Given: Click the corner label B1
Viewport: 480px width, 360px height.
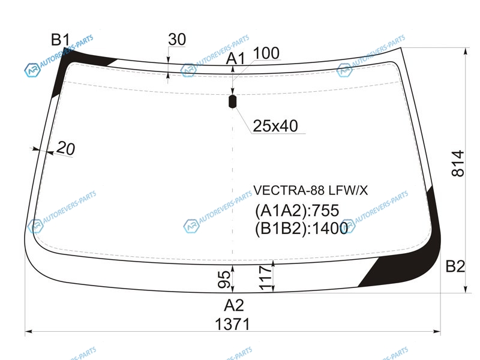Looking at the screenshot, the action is tap(61, 40).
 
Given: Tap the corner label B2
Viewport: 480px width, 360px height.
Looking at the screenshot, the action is tap(455, 266).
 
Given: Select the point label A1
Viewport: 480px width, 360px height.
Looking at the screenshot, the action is tap(235, 58).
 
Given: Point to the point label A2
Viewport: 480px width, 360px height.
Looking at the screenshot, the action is tap(234, 305).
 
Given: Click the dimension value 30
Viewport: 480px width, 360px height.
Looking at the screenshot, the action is tap(177, 40).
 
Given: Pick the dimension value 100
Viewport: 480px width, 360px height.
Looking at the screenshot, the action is tap(266, 53).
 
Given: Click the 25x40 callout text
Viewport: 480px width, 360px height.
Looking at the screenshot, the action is tap(275, 126).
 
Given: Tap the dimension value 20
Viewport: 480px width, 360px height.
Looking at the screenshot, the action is tap(65, 148).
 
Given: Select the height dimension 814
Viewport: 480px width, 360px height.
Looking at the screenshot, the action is tap(458, 163).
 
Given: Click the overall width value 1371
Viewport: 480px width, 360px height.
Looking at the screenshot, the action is tap(233, 324).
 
